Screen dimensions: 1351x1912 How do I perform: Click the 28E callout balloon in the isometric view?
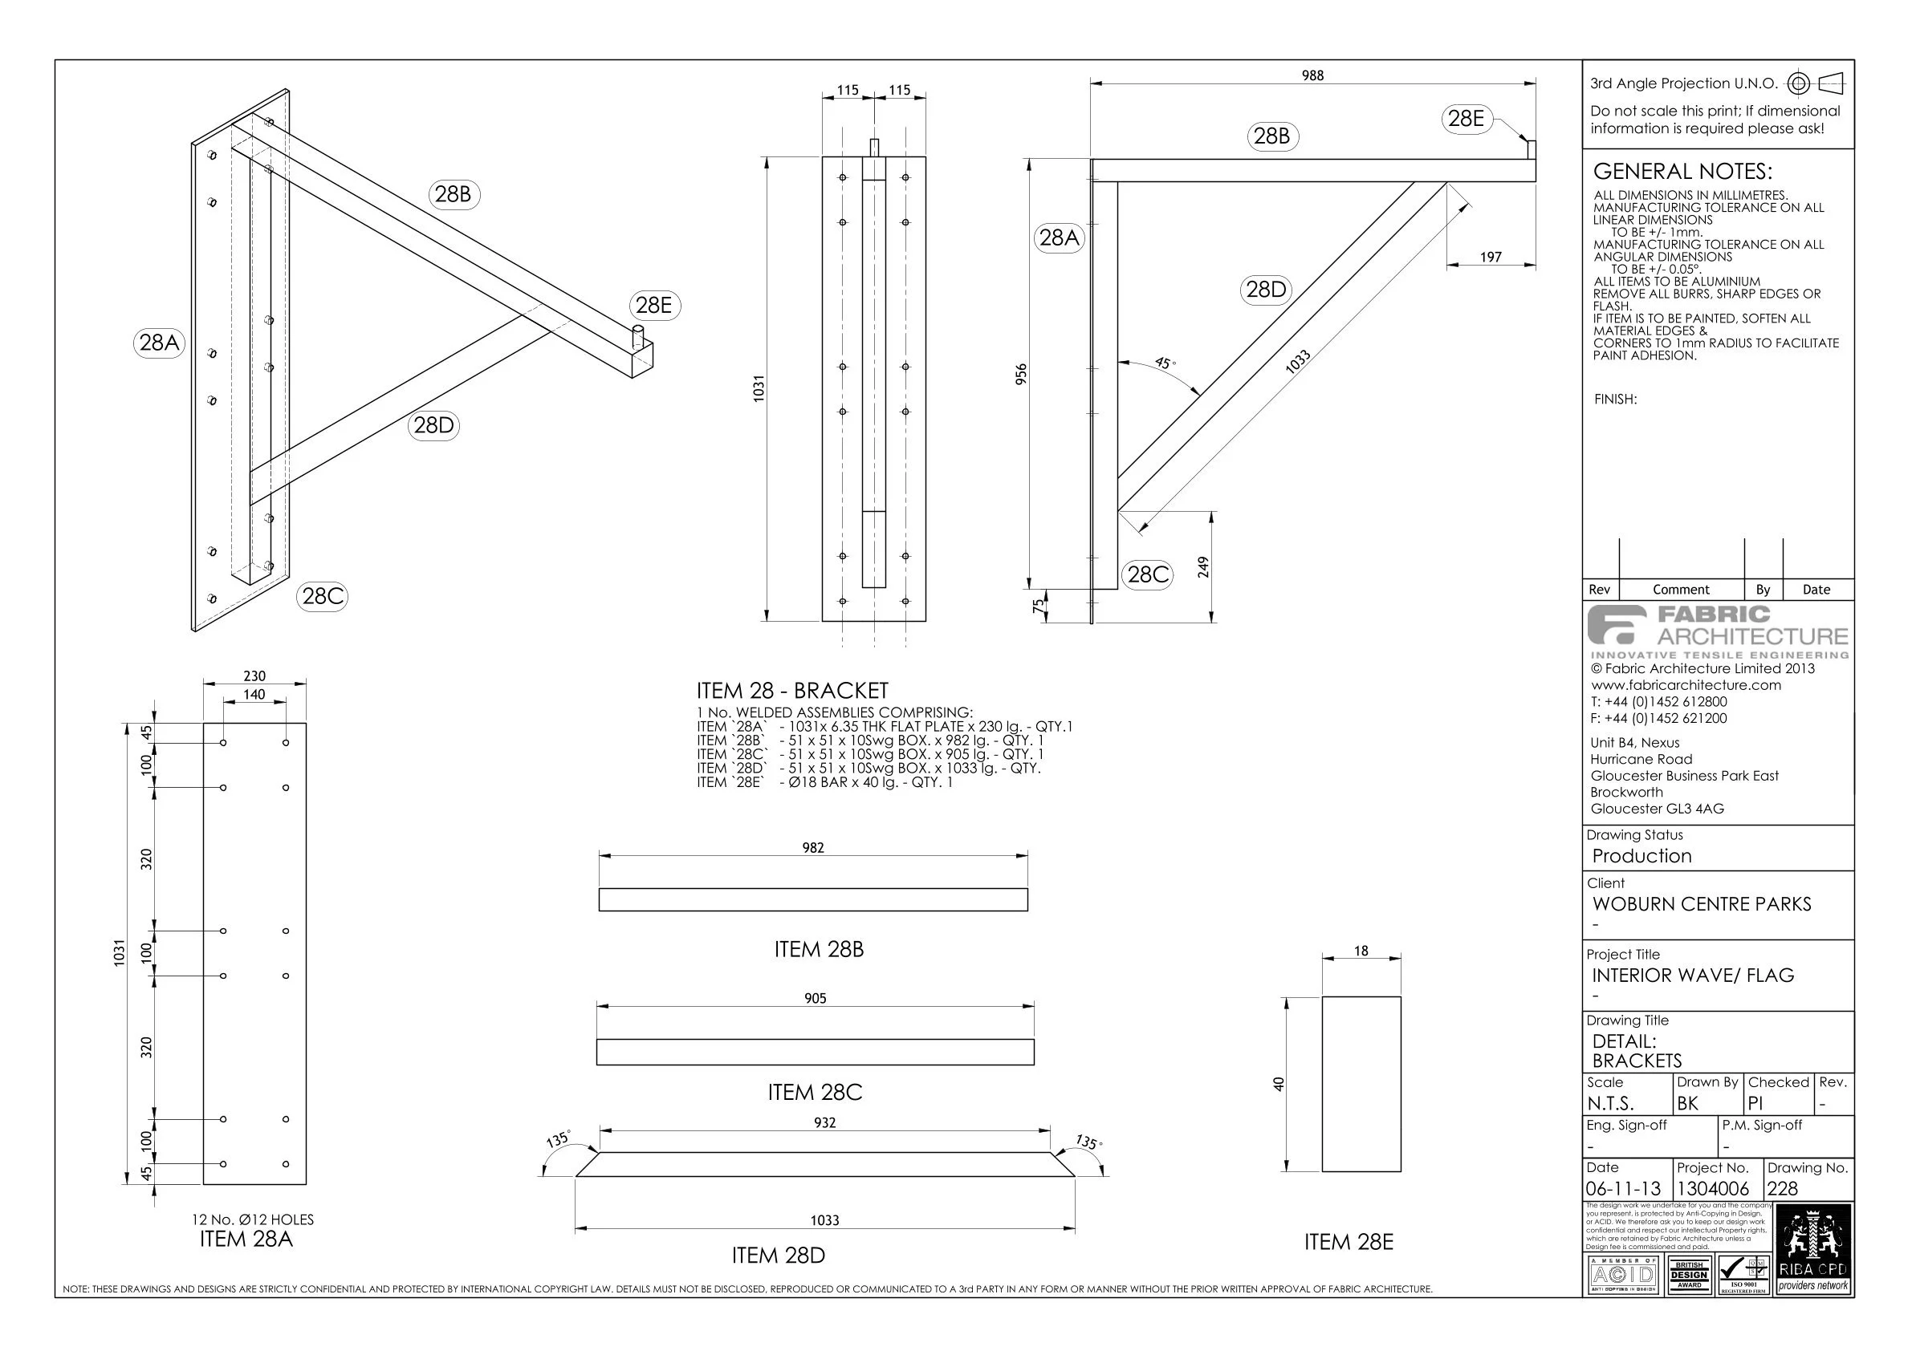653,306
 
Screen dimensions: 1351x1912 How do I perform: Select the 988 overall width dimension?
1312,75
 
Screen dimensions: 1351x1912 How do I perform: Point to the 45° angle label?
1165,363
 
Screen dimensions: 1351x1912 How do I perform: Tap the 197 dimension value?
1491,258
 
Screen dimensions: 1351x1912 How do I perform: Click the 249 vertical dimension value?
1202,567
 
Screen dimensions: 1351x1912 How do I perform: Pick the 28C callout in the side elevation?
1148,574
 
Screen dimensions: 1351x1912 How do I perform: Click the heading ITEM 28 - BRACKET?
792,691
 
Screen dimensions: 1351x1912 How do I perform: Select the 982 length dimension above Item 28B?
813,848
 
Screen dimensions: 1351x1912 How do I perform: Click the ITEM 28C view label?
815,1092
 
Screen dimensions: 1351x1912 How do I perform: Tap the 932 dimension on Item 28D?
824,1123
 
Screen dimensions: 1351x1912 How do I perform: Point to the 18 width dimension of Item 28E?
1361,951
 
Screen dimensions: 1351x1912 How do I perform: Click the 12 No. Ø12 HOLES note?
253,1219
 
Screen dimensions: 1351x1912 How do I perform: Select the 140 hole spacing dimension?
254,694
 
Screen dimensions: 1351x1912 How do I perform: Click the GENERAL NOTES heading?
1682,172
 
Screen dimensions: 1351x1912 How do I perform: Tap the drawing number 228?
1782,1189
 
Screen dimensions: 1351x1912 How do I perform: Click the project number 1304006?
1712,1189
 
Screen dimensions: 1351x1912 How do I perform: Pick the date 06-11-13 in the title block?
1623,1189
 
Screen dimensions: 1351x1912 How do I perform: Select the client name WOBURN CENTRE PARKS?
1702,904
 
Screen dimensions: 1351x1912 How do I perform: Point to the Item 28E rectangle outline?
1361,1083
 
